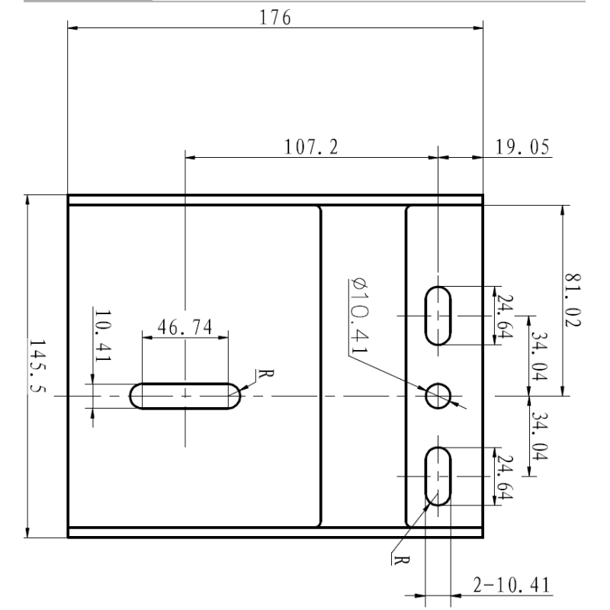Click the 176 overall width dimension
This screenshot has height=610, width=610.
click(275, 18)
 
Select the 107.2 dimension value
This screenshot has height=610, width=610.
click(311, 147)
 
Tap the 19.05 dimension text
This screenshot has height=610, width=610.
click(522, 147)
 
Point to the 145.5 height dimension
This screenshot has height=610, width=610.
click(37, 366)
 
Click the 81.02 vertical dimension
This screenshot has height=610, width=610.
click(573, 300)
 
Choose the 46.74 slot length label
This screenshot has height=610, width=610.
click(185, 327)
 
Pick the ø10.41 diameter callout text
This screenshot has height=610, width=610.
click(359, 316)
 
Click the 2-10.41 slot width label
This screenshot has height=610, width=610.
click(512, 585)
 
